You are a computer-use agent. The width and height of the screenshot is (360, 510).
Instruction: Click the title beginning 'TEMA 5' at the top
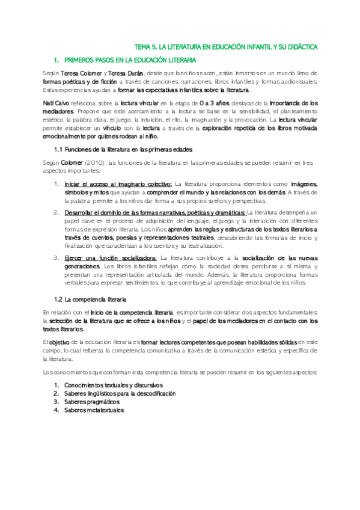pyautogui.click(x=226, y=46)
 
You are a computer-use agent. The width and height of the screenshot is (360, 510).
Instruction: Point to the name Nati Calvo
pyautogui.click(x=56, y=103)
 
